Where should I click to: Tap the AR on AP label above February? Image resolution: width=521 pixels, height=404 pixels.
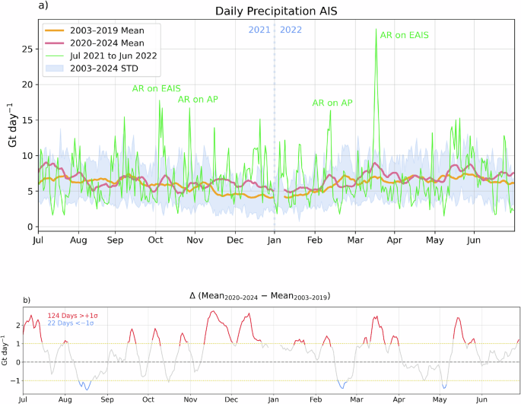332,103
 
